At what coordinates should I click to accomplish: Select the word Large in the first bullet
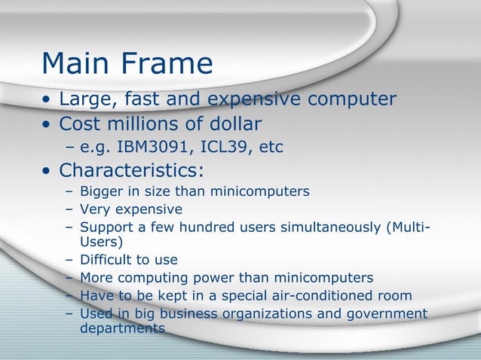click(x=85, y=99)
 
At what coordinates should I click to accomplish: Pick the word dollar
click(x=234, y=123)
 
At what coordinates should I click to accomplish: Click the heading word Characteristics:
click(x=132, y=171)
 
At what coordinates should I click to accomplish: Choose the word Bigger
click(x=102, y=191)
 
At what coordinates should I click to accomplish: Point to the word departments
click(x=122, y=328)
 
